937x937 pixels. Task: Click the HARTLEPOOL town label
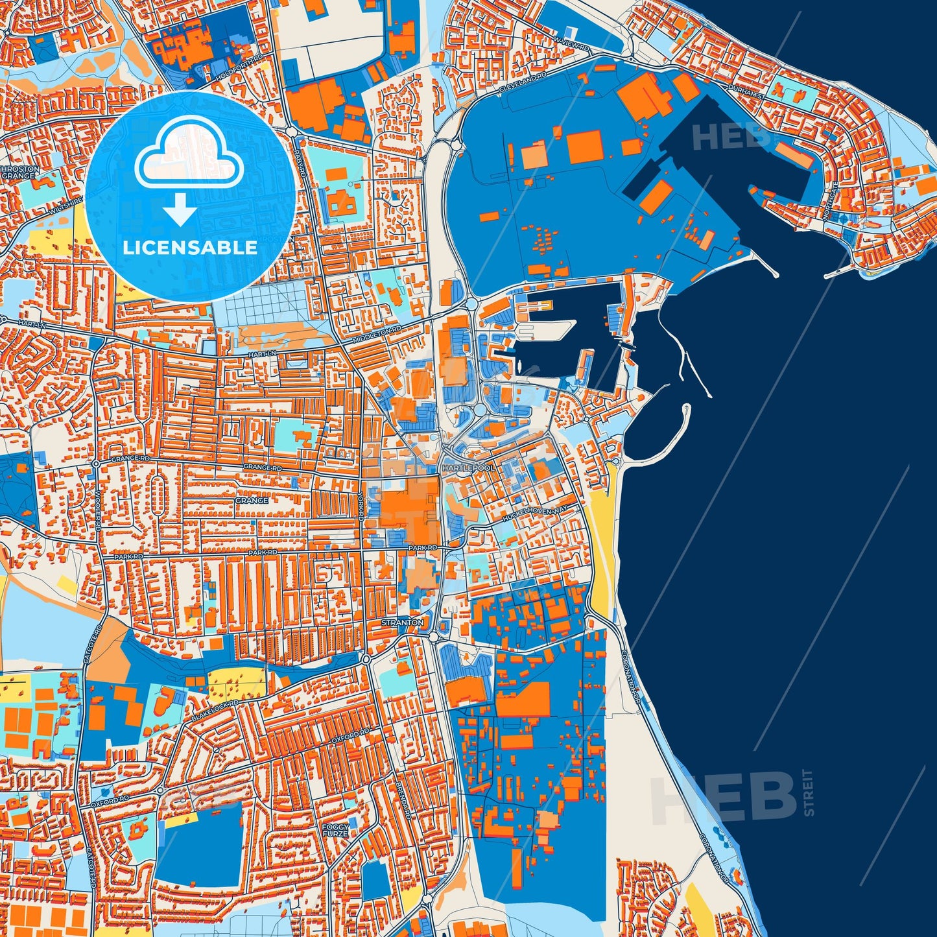pyautogui.click(x=468, y=468)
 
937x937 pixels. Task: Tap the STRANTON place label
pyautogui.click(x=403, y=623)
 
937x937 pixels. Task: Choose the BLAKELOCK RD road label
pyautogui.click(x=215, y=711)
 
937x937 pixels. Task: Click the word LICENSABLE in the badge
pyautogui.click(x=190, y=248)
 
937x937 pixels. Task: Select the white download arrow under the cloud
pyautogui.click(x=180, y=208)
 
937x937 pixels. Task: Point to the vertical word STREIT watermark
pyautogui.click(x=807, y=792)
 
